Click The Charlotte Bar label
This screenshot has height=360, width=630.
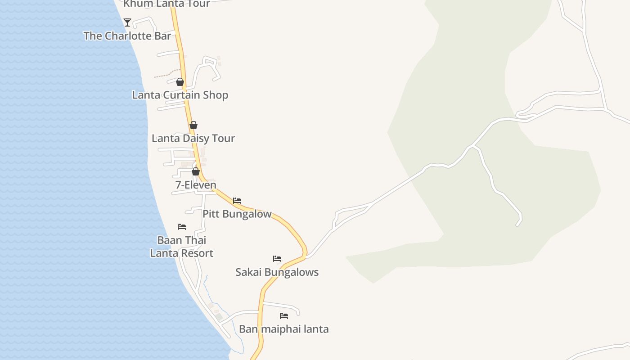coord(127,36)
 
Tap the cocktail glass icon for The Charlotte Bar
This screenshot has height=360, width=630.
coord(128,22)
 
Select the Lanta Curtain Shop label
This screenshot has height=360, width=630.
coord(180,95)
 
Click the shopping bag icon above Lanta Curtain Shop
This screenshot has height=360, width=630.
coord(180,82)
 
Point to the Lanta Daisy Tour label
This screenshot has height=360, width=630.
coord(193,138)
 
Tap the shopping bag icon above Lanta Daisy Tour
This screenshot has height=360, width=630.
coord(193,125)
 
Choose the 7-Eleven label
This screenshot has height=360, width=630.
coord(196,185)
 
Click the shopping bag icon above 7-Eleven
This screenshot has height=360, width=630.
coord(196,171)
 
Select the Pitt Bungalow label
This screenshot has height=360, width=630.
coord(237,214)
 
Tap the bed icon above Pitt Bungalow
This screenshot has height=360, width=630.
coord(237,201)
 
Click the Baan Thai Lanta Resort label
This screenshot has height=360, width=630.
coord(182,247)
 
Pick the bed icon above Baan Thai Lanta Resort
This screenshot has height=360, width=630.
coord(182,227)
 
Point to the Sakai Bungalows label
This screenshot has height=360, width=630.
coord(277,272)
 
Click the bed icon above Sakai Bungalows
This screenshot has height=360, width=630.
coord(277,259)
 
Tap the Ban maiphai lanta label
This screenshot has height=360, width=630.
coord(283,329)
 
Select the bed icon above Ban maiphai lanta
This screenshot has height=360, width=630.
coord(284,316)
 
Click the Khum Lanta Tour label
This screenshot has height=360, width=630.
coord(166,4)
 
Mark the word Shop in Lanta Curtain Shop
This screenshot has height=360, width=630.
coord(215,95)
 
